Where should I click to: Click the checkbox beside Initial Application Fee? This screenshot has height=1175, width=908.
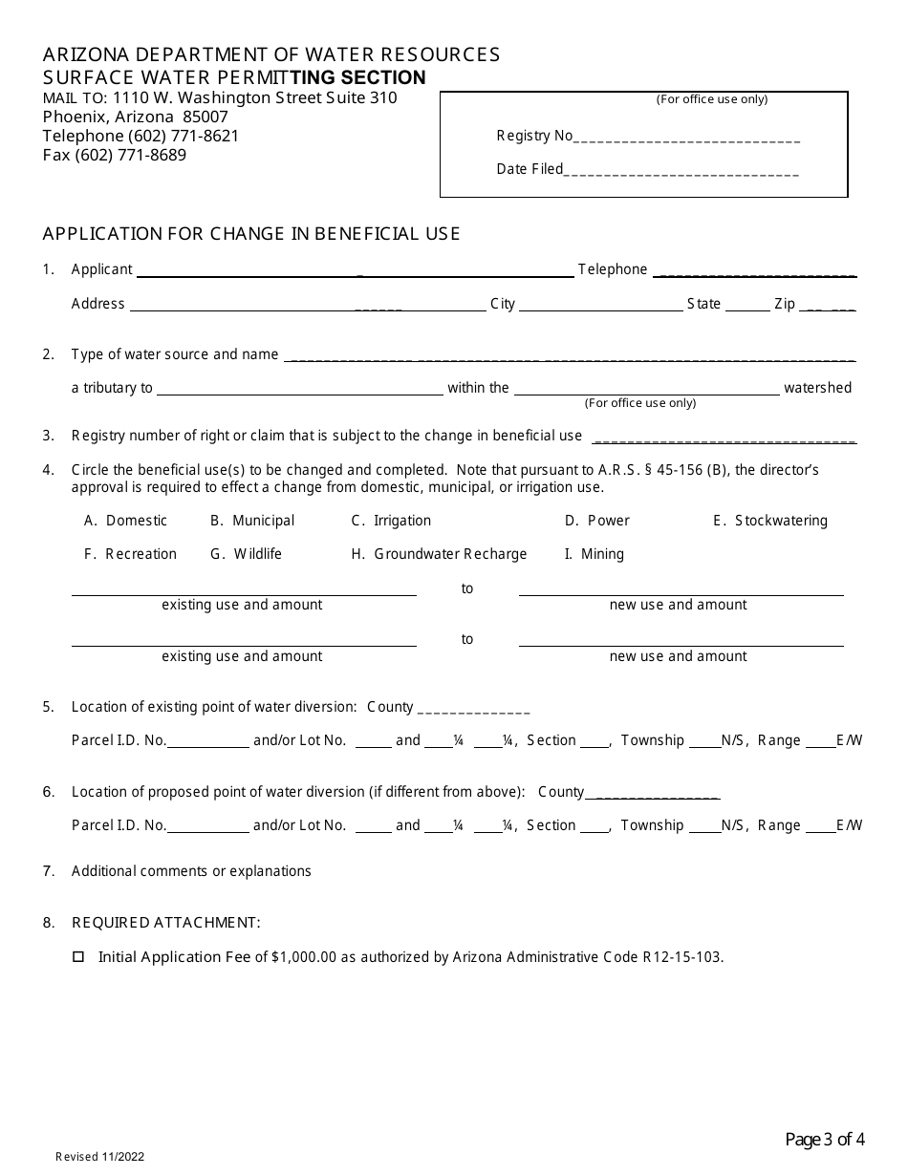coord(78,956)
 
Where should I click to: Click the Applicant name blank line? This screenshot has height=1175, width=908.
coord(355,271)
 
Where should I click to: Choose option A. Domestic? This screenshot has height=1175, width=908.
coord(126,521)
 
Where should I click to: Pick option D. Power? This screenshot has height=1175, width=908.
coord(597,521)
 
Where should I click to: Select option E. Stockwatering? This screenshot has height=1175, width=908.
coord(770,521)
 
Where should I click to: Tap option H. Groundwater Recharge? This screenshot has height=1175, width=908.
coord(439,554)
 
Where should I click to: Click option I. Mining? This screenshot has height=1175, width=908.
coord(594,554)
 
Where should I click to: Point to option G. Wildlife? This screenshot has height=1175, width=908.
coord(247,554)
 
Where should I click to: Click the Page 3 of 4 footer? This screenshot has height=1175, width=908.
coord(825,1139)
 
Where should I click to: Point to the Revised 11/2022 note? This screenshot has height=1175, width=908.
coord(99,1157)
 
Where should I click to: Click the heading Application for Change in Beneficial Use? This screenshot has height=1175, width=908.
coord(251,234)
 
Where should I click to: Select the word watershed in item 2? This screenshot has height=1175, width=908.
coord(817,388)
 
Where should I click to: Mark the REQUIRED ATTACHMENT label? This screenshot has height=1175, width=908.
coord(165,923)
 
